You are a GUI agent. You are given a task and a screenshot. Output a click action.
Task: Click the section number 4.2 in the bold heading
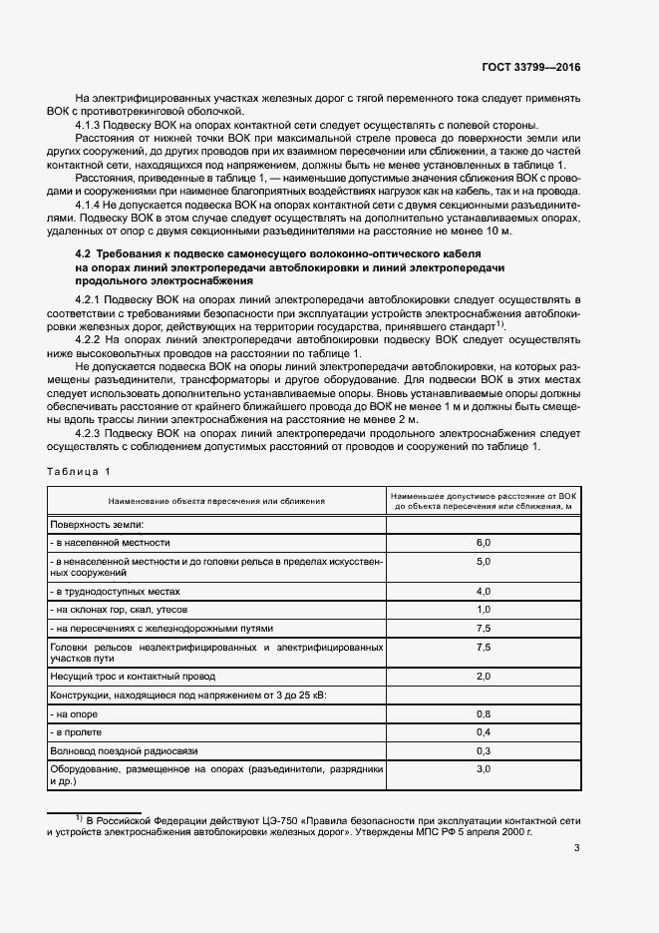pos(68,255)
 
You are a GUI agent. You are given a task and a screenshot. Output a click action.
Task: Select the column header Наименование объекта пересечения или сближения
pos(217,501)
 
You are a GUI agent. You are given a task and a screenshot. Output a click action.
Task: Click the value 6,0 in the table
pos(484,542)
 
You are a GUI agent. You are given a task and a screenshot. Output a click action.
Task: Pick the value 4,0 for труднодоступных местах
pos(484,591)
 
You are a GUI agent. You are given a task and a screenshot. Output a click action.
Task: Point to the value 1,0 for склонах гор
pos(484,609)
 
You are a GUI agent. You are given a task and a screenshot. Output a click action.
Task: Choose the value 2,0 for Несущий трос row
pos(484,677)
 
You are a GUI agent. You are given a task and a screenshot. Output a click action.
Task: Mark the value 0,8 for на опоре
pos(484,713)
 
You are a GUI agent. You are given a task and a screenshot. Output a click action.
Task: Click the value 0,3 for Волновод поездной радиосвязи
pos(484,750)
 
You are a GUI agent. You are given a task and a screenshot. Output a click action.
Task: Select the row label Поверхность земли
pos(98,524)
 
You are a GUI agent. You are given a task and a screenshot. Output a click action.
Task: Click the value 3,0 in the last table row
pos(484,769)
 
